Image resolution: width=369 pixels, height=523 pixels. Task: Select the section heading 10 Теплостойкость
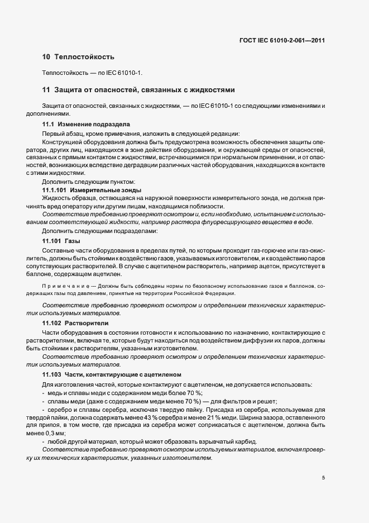point(78,56)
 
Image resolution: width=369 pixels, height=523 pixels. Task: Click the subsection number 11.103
point(51,374)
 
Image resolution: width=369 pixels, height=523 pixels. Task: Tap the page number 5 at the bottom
point(324,478)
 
